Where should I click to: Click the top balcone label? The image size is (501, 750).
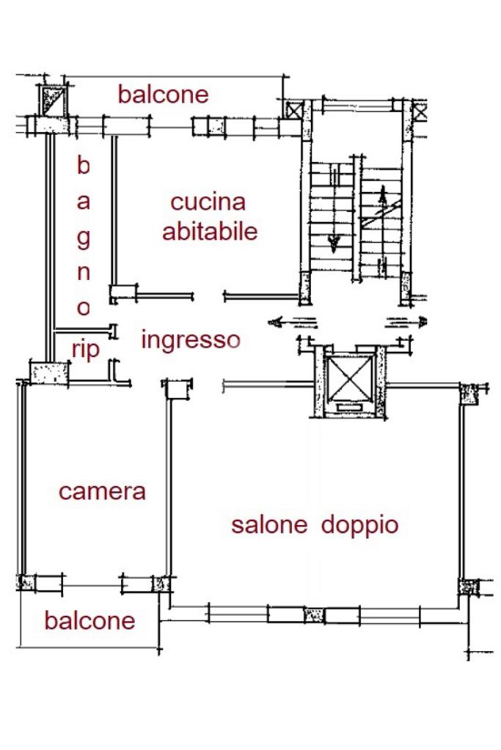tap(163, 95)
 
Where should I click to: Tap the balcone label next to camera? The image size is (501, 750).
tap(90, 620)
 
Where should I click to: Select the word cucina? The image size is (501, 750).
tap(208, 202)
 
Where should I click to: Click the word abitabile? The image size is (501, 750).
tap(210, 231)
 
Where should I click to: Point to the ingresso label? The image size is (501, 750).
tap(191, 341)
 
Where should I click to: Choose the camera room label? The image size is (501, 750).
tap(102, 492)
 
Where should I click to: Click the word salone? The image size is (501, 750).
tap(269, 524)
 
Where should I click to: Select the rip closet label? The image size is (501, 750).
tap(86, 350)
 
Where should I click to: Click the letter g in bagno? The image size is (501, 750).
tap(84, 238)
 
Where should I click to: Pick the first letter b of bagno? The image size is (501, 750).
tap(84, 165)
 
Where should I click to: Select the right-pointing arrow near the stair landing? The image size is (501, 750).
tap(406, 323)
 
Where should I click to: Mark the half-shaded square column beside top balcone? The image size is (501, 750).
tap(53, 101)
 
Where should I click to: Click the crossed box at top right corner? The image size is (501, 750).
tap(420, 111)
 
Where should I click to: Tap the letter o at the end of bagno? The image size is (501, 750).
tap(84, 308)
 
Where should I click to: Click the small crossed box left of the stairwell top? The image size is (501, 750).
tap(293, 111)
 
